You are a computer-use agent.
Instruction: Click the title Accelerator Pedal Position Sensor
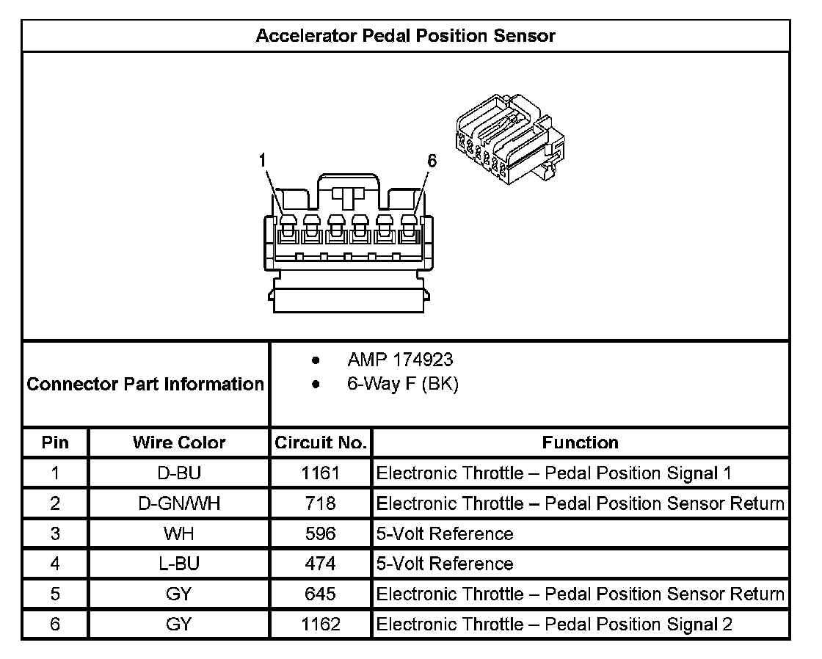point(405,36)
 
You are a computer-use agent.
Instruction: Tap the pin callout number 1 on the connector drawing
point(263,160)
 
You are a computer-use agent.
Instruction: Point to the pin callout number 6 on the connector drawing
point(432,161)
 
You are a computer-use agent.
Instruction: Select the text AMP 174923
point(400,360)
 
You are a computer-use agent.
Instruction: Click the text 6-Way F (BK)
point(403,384)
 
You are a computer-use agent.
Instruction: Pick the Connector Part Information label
point(145,384)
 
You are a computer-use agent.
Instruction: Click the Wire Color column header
point(179,443)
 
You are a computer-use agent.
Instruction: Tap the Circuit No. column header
point(320,443)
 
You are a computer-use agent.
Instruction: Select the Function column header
point(580,443)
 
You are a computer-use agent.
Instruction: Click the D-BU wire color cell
point(179,473)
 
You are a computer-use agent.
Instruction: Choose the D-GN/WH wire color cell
point(179,503)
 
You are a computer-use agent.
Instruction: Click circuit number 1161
point(321,473)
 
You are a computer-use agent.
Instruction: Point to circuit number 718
point(321,503)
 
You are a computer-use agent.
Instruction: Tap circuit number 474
point(321,564)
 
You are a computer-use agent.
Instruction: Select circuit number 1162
point(321,624)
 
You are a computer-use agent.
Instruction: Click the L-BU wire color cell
point(179,564)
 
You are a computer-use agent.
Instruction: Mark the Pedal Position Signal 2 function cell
point(554,624)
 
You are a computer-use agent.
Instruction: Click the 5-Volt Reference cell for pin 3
point(445,534)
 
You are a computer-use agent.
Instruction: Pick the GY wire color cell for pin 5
point(179,594)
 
